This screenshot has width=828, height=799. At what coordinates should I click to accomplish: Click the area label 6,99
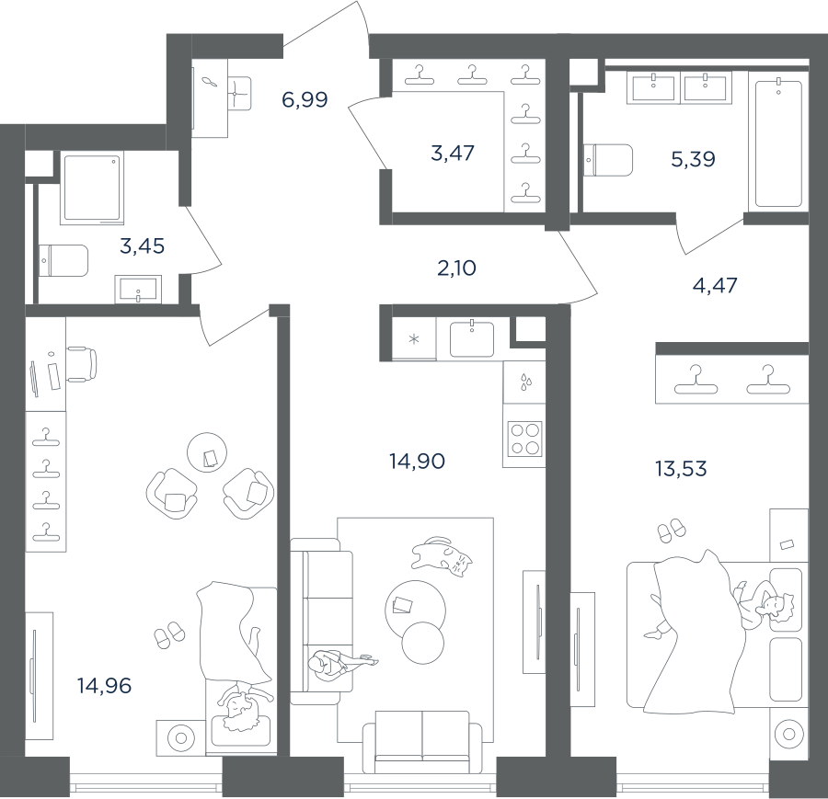pyautogui.click(x=305, y=99)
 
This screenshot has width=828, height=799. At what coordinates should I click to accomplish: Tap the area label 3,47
pyautogui.click(x=453, y=153)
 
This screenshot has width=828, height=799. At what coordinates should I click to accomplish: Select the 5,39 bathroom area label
pyautogui.click(x=693, y=158)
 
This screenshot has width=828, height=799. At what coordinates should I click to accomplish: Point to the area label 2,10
pyautogui.click(x=456, y=268)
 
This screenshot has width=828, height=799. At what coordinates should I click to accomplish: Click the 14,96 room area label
pyautogui.click(x=104, y=686)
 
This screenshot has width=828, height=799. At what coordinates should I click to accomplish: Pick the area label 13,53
pyautogui.click(x=681, y=468)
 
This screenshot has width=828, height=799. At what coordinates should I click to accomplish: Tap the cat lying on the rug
pyautogui.click(x=442, y=556)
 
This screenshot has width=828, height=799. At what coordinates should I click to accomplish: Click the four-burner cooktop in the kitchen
pyautogui.click(x=525, y=439)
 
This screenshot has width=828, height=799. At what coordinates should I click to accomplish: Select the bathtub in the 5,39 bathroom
pyautogui.click(x=779, y=142)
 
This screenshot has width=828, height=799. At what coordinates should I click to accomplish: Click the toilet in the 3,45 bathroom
pyautogui.click(x=63, y=260)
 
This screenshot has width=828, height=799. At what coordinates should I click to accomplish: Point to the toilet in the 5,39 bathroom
pyautogui.click(x=608, y=160)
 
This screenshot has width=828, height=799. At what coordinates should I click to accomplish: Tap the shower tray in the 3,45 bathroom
pyautogui.click(x=93, y=188)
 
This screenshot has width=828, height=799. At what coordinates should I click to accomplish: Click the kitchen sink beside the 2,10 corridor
pyautogui.click(x=472, y=338)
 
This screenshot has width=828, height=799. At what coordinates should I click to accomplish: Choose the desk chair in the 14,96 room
pyautogui.click(x=82, y=364)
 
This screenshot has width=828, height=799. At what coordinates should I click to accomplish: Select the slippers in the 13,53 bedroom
pyautogui.click(x=672, y=531)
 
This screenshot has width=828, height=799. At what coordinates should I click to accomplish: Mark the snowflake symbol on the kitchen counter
pyautogui.click(x=414, y=338)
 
